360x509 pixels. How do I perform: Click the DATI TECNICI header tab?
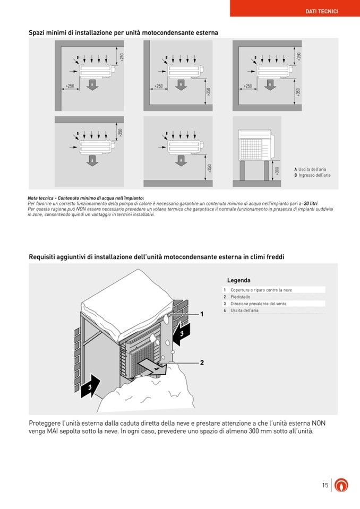tap(322, 11)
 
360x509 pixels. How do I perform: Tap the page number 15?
tap(325, 485)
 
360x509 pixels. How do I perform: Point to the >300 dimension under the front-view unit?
tap(277, 170)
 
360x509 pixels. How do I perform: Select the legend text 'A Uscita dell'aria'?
tap(311, 169)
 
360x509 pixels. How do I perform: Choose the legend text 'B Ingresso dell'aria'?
tap(312, 175)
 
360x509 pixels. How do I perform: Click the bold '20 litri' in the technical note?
tap(311, 203)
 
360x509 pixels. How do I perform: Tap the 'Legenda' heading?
tap(239, 280)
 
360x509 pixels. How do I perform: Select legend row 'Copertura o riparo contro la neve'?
tap(261, 290)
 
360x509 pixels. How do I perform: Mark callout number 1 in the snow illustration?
tap(202, 314)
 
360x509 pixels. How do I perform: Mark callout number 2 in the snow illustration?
tap(202, 363)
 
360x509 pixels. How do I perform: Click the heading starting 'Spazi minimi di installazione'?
tap(123, 33)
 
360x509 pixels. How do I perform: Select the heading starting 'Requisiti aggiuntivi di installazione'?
tap(156, 257)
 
